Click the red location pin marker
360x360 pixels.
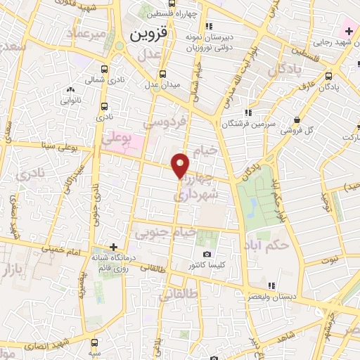181,165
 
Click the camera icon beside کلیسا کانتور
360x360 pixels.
207,254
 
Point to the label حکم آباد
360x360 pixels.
266,247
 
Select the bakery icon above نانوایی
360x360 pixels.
70,90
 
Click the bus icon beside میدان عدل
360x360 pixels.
162,73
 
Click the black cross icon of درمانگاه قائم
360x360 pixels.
113,247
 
